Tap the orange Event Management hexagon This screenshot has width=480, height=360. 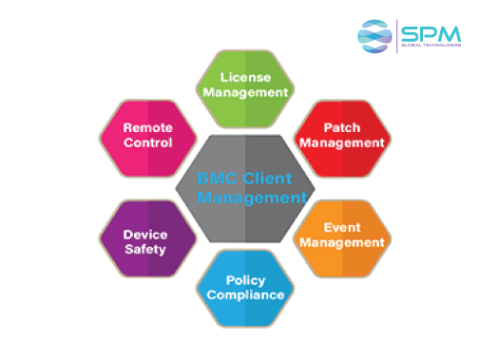[x=341, y=235]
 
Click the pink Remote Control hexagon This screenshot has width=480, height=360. [x=147, y=136]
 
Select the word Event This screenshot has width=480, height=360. [x=342, y=227]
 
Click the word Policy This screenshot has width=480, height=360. [x=246, y=279]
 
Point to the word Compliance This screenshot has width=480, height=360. [x=246, y=294]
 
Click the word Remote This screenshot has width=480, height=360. [x=147, y=128]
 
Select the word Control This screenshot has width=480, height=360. [x=147, y=143]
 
